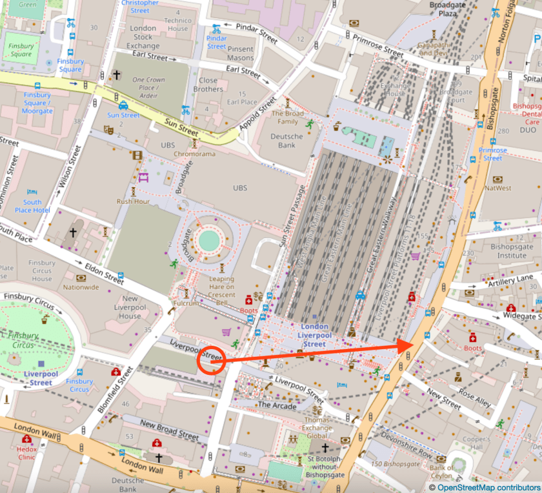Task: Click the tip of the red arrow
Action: tap(412, 344)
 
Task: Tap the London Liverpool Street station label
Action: tap(314, 335)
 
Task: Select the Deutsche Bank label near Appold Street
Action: tap(286, 141)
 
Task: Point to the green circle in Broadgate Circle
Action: tap(209, 241)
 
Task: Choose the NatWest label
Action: tap(497, 189)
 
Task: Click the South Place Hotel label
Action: tap(32, 206)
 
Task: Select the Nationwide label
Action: tap(81, 287)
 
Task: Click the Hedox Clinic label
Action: tap(26, 452)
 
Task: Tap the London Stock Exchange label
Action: tap(143, 37)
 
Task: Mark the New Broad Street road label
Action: tap(170, 430)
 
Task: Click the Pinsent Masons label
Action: tap(241, 54)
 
